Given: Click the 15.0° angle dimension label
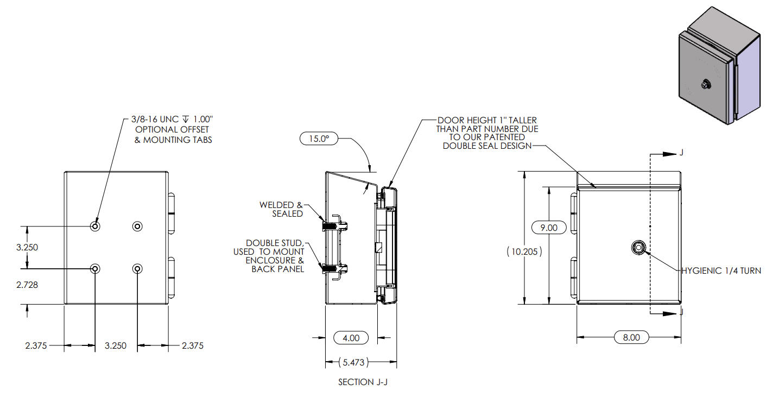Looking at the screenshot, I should (319, 138).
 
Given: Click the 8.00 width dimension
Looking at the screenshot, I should (631, 337).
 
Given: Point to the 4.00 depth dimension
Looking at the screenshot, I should (351, 337).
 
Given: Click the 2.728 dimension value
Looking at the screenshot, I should (27, 285).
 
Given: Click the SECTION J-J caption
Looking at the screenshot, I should (363, 382).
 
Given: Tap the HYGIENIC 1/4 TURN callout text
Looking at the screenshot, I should (721, 270).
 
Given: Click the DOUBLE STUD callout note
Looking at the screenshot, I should (268, 256).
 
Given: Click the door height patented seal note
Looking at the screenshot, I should (487, 133).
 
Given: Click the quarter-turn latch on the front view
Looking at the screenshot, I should (638, 248).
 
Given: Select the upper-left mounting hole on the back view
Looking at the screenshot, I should (96, 226).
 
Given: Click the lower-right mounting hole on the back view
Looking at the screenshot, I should (137, 268).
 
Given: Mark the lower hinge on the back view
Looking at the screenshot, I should (172, 277).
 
